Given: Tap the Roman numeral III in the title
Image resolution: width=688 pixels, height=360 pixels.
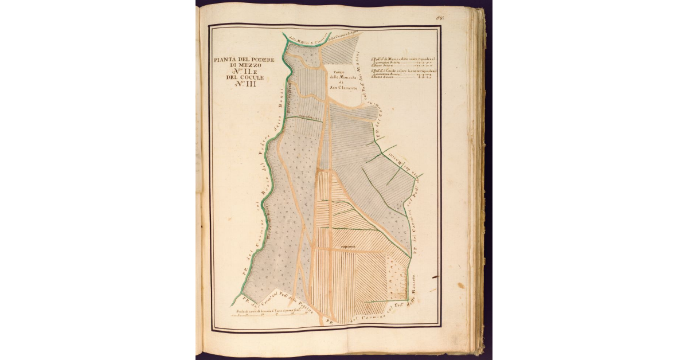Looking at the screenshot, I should click(251, 84).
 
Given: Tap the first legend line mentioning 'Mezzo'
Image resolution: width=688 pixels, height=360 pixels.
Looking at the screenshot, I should click(400, 58).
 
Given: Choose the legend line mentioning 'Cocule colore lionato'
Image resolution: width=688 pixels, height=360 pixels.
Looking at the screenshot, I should click(400, 71).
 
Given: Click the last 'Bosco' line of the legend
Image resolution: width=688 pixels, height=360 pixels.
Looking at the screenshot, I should click(400, 79).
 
